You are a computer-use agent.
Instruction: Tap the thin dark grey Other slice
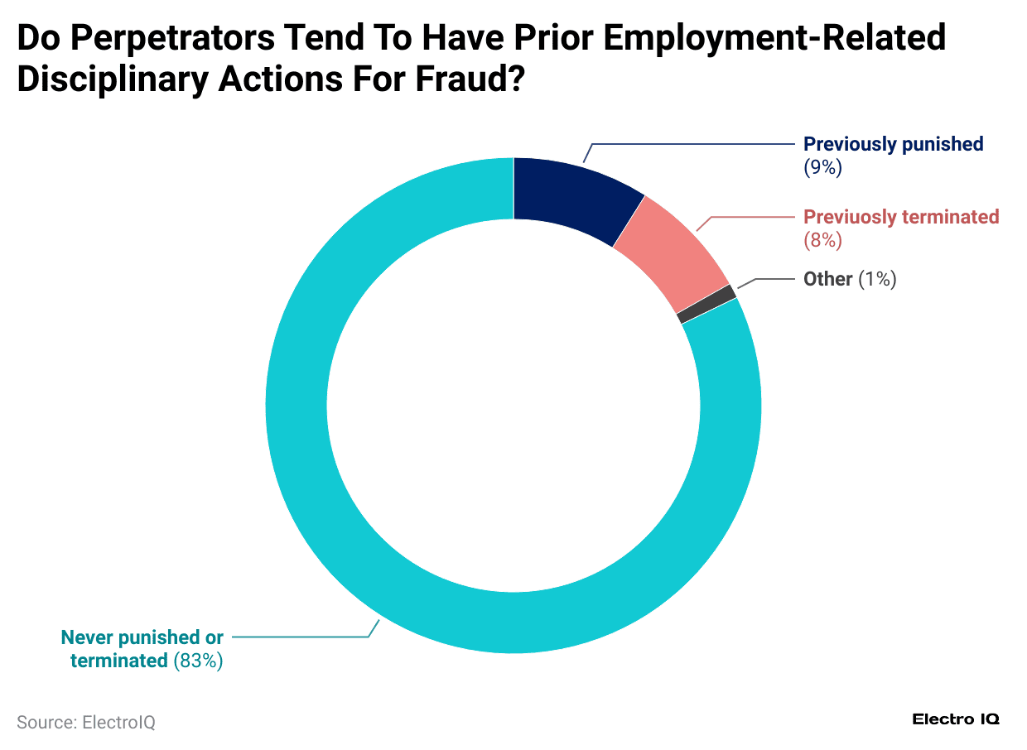[706, 304]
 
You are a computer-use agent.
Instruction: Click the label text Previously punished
[893, 144]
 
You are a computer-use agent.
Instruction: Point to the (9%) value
[822, 167]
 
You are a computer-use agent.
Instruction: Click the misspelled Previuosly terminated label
[901, 217]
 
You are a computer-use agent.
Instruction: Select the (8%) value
[822, 240]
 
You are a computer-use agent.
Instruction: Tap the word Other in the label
[827, 279]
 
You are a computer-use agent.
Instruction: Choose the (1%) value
[877, 279]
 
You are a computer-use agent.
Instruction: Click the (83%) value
[198, 661]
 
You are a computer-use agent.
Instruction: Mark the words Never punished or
[142, 637]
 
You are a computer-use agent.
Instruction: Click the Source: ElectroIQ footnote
[86, 722]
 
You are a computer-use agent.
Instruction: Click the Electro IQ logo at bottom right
[956, 719]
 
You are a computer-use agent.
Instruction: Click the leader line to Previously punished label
[696, 144]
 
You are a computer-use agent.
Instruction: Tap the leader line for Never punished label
[298, 637]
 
